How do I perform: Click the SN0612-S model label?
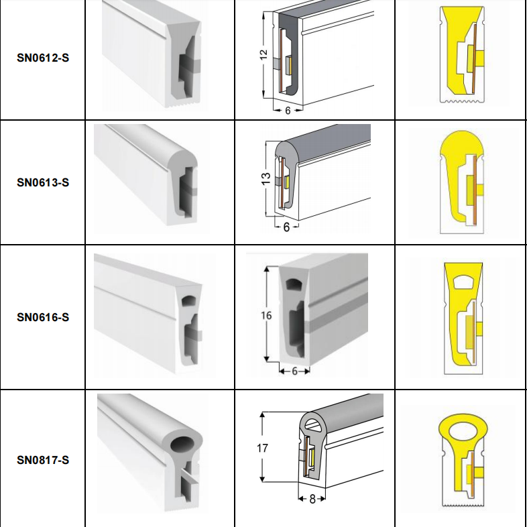pyautogui.click(x=43, y=58)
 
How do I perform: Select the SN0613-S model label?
pyautogui.click(x=43, y=182)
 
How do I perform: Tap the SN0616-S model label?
pyautogui.click(x=43, y=317)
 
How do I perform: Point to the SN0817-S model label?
pyautogui.click(x=43, y=460)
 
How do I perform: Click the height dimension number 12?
pyautogui.click(x=263, y=54)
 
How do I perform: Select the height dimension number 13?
pyautogui.click(x=266, y=178)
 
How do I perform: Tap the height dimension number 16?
pyautogui.click(x=266, y=316)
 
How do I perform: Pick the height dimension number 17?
pyautogui.click(x=262, y=448)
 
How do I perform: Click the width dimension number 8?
pyautogui.click(x=312, y=500)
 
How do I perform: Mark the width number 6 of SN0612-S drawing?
pyautogui.click(x=288, y=111)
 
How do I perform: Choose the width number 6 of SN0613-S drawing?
pyautogui.click(x=286, y=227)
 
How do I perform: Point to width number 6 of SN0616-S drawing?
pyautogui.click(x=294, y=371)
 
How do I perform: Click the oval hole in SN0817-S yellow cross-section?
pyautogui.click(x=463, y=430)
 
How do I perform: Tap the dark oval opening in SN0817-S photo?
pyautogui.click(x=184, y=445)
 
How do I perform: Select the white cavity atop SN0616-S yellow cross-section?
pyautogui.click(x=463, y=282)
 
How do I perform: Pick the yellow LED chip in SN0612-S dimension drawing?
pyautogui.click(x=288, y=66)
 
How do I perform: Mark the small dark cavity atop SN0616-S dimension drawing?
pyautogui.click(x=294, y=285)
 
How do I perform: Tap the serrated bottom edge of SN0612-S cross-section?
pyautogui.click(x=462, y=101)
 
